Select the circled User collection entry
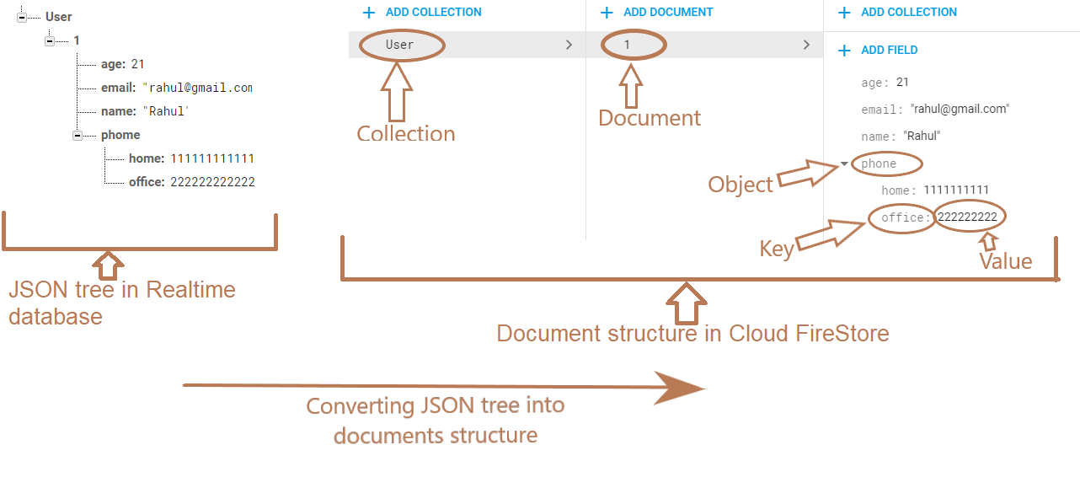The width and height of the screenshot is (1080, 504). click(400, 45)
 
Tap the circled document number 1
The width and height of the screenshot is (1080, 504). click(628, 45)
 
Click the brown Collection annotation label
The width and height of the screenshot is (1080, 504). click(405, 134)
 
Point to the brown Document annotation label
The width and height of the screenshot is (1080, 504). click(649, 118)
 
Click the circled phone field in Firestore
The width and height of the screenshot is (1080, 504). click(879, 164)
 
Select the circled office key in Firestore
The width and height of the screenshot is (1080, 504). click(902, 217)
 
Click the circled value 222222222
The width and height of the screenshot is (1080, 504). click(968, 217)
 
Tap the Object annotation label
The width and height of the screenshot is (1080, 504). click(740, 185)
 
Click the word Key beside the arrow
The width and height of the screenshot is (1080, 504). click(776, 249)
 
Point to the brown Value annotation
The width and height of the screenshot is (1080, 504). click(1005, 261)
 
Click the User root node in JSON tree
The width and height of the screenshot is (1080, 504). click(58, 17)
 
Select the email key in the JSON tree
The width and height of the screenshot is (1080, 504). click(118, 88)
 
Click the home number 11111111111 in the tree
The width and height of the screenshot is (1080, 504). click(211, 158)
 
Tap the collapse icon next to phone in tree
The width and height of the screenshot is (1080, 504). click(78, 135)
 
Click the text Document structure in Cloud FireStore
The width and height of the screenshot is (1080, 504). click(692, 333)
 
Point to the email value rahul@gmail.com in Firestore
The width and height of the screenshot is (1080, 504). click(960, 109)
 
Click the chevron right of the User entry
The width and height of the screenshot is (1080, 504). click(569, 45)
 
